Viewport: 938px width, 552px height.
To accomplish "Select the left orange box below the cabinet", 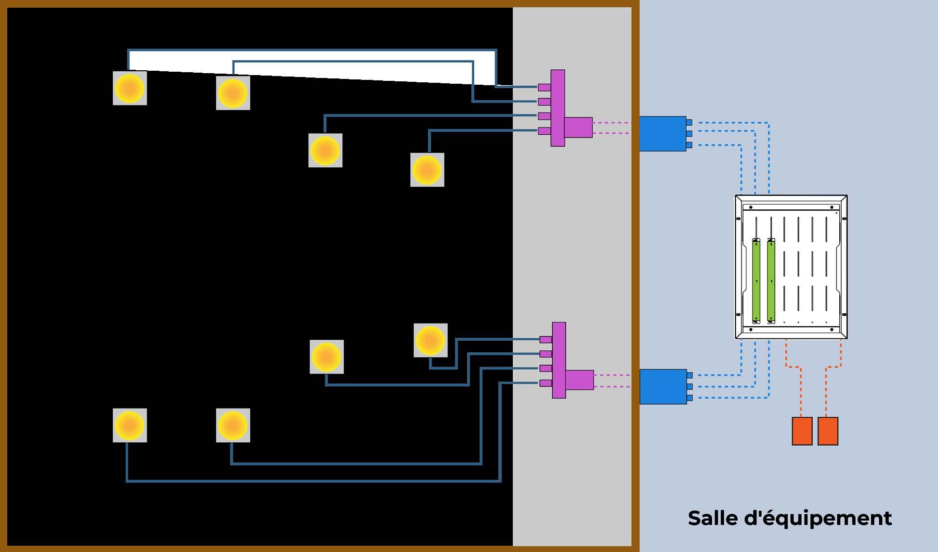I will click(x=802, y=431).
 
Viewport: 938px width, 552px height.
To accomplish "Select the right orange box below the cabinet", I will click(x=828, y=431).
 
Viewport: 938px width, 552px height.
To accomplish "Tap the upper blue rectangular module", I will click(x=663, y=134).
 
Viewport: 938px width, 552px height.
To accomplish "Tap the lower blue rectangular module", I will click(x=663, y=386).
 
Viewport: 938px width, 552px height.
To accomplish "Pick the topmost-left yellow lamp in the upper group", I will click(x=130, y=88).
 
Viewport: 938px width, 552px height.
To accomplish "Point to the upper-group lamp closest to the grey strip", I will click(x=427, y=170).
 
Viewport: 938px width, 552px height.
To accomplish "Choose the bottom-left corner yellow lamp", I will click(x=130, y=425).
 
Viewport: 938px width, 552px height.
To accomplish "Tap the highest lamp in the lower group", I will click(x=430, y=340).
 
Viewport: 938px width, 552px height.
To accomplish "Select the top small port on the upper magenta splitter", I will click(x=544, y=87).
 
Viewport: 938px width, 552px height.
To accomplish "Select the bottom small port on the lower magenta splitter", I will click(x=546, y=383).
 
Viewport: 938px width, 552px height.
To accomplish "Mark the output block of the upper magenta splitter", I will click(x=578, y=128).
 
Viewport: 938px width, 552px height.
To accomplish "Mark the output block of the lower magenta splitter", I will click(x=580, y=380).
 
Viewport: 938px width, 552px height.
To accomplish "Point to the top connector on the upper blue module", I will click(x=689, y=123).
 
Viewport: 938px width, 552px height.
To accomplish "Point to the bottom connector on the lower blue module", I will click(x=690, y=398).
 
